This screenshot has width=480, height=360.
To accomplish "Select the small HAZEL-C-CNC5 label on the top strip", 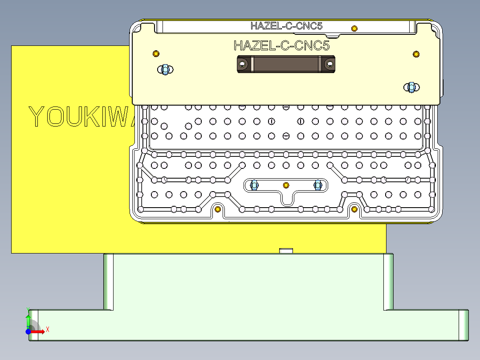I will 286,26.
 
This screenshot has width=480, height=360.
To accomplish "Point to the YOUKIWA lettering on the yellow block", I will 80,117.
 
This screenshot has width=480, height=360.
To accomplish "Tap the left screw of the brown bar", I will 243,64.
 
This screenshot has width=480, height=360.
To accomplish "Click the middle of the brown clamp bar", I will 286,64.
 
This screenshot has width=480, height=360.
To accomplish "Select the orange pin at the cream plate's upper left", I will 156,54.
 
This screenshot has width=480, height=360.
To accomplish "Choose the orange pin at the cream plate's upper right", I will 416,54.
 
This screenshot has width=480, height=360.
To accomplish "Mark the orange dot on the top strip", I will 354,29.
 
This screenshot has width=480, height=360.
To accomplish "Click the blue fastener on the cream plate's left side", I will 165,70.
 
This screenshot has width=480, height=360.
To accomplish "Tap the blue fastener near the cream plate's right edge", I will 411,87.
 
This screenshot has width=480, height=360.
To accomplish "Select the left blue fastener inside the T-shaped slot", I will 255,184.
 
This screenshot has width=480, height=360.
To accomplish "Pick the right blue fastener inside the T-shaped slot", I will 317,184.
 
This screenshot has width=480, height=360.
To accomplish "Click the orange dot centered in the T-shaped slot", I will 286,184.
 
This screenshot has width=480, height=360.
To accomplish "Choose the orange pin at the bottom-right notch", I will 354,209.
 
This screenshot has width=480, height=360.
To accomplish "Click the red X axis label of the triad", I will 47,329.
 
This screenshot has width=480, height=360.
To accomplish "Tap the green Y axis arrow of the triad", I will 28,319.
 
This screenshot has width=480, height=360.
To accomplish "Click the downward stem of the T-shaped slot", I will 286,198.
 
